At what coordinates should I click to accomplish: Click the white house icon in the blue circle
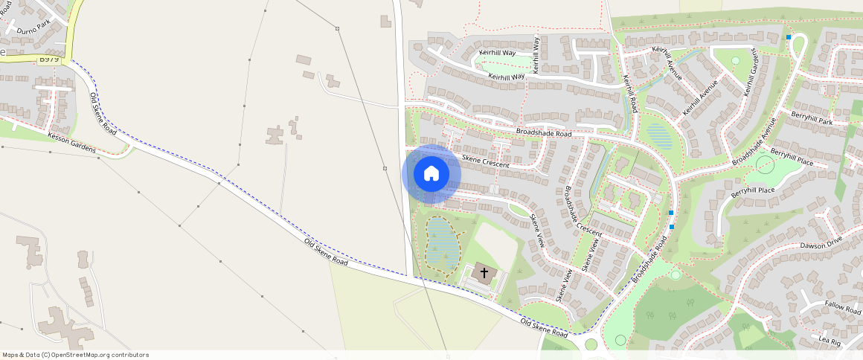[431, 174]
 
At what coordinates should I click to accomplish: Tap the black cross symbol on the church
[484, 273]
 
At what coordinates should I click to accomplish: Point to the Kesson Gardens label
[71, 144]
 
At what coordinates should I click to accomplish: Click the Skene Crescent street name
[486, 160]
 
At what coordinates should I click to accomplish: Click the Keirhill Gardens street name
[754, 72]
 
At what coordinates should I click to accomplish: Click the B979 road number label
[49, 58]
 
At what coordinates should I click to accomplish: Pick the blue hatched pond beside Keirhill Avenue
[658, 135]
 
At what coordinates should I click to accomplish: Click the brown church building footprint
[484, 274]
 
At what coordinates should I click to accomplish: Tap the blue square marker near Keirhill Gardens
[788, 37]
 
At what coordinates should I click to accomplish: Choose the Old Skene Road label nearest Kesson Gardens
[103, 113]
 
